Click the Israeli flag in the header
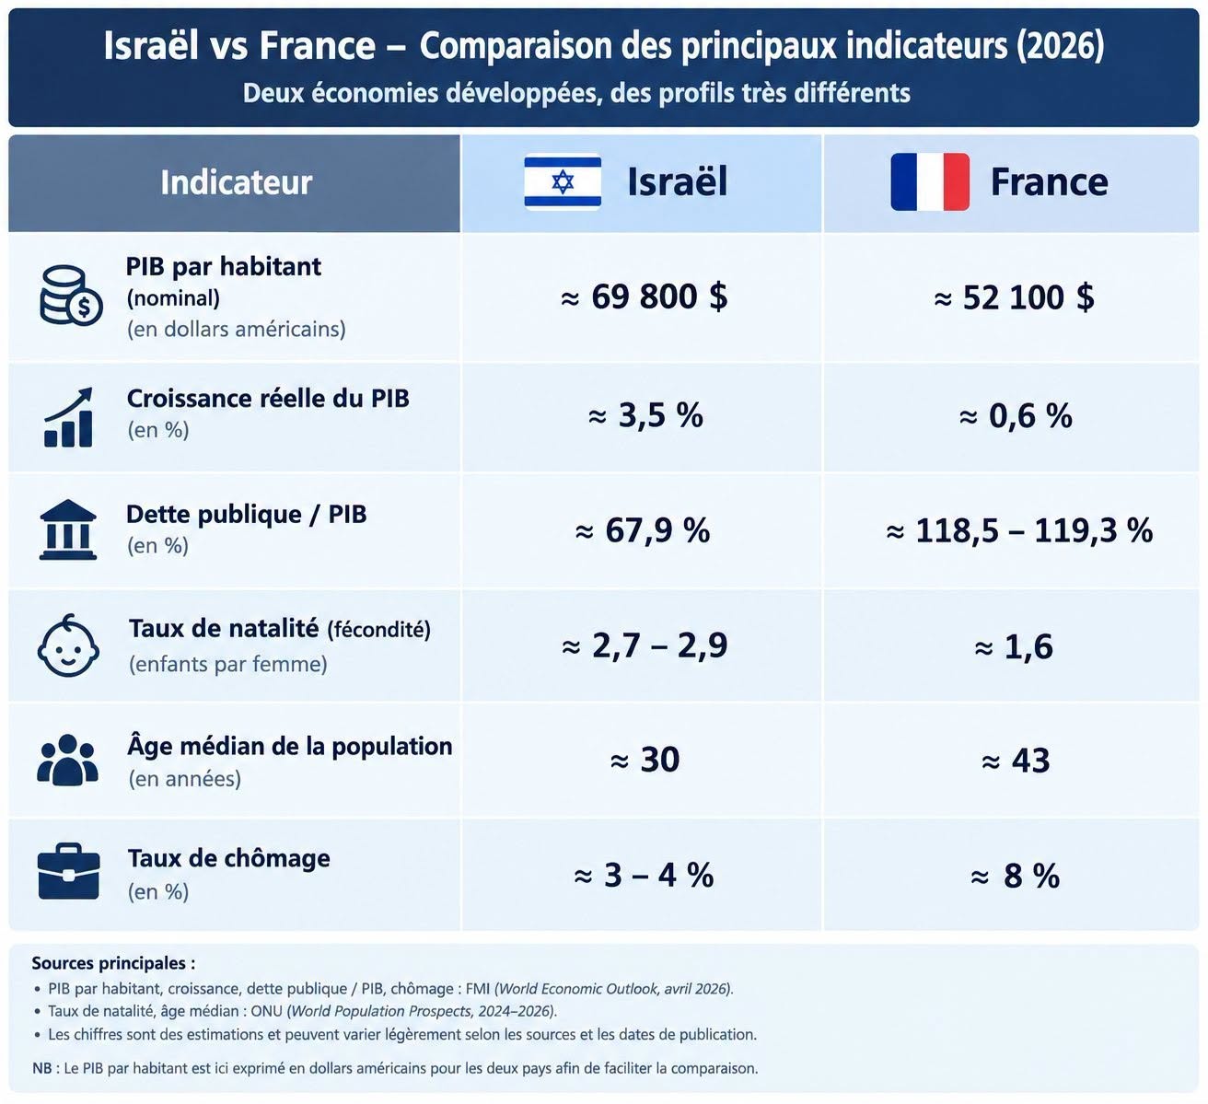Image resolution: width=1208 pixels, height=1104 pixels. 563,181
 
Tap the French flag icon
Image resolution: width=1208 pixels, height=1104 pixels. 930,182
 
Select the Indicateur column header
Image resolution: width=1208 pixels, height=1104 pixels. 236,182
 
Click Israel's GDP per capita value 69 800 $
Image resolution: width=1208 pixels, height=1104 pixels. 644,296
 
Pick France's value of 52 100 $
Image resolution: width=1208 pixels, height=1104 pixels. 1014,297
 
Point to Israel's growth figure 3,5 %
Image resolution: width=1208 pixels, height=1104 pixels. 645,415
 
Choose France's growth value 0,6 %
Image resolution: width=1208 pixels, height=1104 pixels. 1016,415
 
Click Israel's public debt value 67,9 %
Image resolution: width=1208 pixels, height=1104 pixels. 643,530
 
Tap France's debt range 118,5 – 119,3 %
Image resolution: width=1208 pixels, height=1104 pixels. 1019,530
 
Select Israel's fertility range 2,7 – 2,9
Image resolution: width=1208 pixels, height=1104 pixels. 645,645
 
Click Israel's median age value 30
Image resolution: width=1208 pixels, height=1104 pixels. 645,760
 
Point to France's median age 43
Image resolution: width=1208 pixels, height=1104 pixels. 1016,761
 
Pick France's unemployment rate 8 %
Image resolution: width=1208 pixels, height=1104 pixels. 1015,876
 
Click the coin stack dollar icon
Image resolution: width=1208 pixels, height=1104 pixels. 71,296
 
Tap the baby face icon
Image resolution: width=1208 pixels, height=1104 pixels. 68,645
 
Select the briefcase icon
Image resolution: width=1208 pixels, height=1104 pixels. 68,871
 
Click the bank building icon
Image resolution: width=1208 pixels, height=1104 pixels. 68,529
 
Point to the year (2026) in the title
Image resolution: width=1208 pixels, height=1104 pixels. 1061,45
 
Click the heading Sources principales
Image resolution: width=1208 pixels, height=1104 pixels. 113,963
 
